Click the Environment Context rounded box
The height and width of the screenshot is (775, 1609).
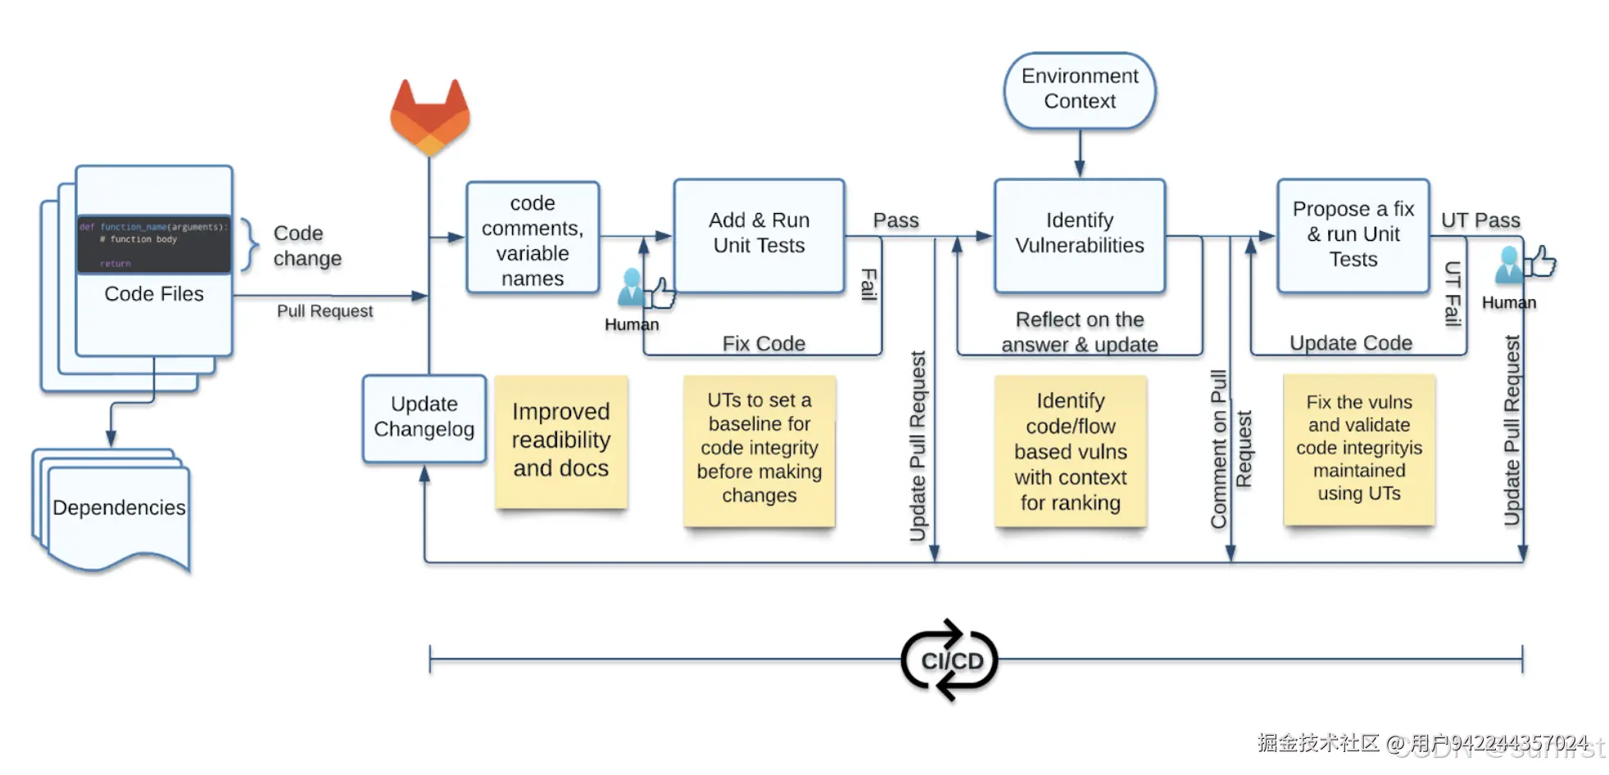1079,89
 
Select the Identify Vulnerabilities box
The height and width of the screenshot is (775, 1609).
1079,234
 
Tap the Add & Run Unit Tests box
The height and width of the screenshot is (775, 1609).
759,234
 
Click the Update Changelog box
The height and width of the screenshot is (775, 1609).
424,418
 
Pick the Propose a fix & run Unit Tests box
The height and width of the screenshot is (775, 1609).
1353,234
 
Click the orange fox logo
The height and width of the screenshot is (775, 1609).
429,116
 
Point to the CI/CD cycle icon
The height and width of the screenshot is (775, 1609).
950,660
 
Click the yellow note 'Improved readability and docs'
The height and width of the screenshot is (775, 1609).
561,441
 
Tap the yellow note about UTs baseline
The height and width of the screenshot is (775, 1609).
759,449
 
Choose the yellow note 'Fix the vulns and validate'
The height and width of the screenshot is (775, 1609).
1358,449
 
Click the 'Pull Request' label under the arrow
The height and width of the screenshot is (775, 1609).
324,311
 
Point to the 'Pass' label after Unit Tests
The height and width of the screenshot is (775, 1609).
895,220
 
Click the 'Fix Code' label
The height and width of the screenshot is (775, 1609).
764,343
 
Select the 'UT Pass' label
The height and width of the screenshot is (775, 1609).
1480,220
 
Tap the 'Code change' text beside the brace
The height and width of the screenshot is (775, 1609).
307,246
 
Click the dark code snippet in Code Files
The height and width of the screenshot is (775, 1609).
154,244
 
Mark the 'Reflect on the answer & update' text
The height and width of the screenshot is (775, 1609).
1079,332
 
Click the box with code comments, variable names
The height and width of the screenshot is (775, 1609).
533,239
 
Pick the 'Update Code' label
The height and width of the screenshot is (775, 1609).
1351,342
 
